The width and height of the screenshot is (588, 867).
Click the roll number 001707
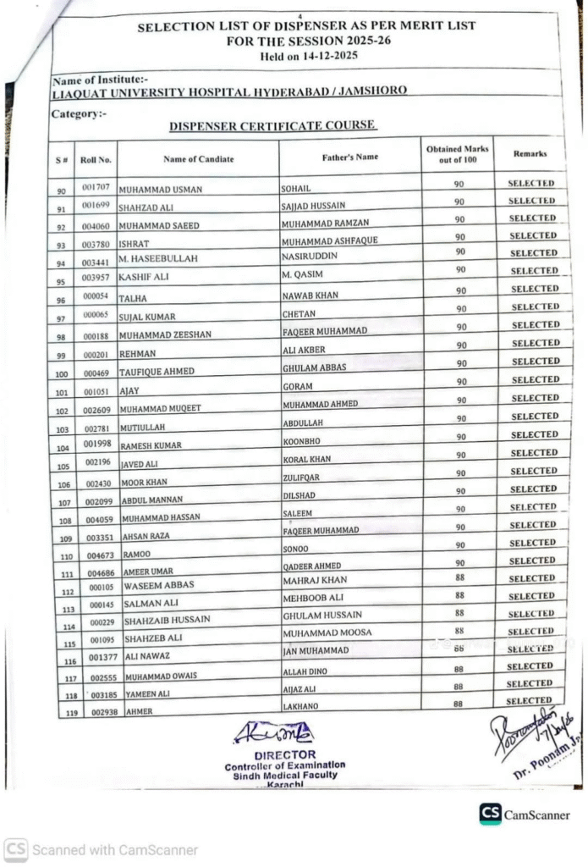pyautogui.click(x=96, y=185)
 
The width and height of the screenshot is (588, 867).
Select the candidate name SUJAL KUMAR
pyautogui.click(x=147, y=317)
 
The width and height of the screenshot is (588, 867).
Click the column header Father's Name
pyautogui.click(x=350, y=157)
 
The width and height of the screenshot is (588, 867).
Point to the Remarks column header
pyautogui.click(x=530, y=154)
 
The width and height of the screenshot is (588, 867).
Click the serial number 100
pyautogui.click(x=61, y=373)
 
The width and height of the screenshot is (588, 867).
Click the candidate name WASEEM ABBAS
pyautogui.click(x=159, y=585)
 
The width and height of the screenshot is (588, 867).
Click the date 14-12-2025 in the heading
pyautogui.click(x=325, y=55)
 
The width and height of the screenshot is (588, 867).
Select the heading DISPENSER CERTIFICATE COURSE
pyautogui.click(x=272, y=126)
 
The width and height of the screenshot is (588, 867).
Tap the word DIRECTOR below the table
pyautogui.click(x=285, y=754)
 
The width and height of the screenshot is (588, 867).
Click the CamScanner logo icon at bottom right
pyautogui.click(x=490, y=814)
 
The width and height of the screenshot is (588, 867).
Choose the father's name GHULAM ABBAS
pyautogui.click(x=314, y=368)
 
